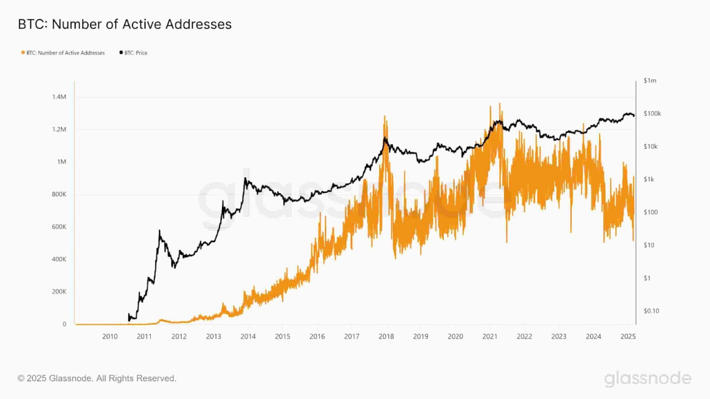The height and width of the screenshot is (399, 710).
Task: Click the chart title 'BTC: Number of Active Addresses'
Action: tap(125, 24)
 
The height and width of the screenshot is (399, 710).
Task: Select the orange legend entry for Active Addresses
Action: tap(63, 53)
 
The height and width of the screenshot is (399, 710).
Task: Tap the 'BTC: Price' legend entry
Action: tap(133, 53)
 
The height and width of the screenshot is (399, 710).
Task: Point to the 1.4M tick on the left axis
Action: tap(58, 97)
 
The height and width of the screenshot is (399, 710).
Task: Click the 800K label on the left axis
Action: tap(58, 195)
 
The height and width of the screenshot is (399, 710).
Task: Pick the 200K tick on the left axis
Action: tap(58, 292)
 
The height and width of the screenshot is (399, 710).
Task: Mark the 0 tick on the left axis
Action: tap(64, 324)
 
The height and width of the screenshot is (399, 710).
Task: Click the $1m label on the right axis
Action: tap(650, 81)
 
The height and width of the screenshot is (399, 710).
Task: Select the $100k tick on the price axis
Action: tap(652, 114)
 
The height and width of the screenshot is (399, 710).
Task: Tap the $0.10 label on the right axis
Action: tap(652, 311)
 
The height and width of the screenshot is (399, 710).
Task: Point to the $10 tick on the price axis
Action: tap(650, 245)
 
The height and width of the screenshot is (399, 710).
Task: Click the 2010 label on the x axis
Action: tap(110, 336)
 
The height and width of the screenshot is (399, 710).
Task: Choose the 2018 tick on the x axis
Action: tap(386, 336)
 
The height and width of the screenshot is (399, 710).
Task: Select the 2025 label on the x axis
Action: tap(628, 336)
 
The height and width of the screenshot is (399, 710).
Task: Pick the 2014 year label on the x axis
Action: tap(248, 336)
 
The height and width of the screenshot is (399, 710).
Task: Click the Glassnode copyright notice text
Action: tap(97, 378)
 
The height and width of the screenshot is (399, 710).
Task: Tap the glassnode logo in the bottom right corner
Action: tap(648, 379)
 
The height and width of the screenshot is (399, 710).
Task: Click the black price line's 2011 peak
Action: tap(160, 231)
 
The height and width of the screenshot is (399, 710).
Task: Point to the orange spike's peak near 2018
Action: tap(384, 116)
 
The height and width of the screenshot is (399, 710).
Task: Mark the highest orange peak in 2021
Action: tap(500, 103)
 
